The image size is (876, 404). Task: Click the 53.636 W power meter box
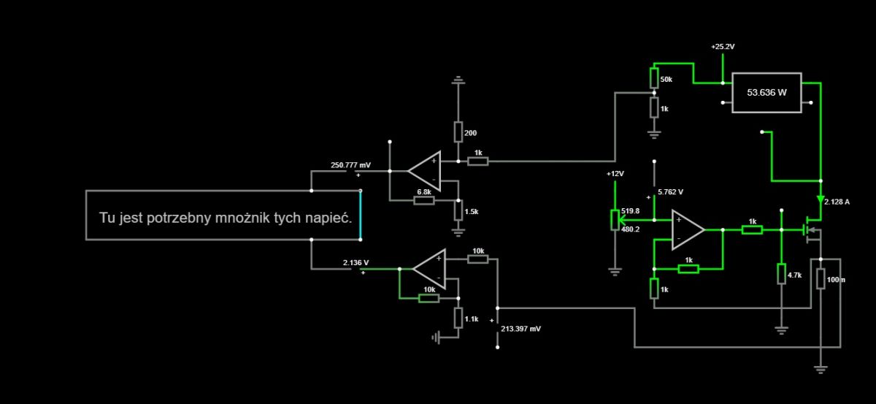pyautogui.click(x=766, y=93)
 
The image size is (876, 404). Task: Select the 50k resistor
pyautogui.click(x=654, y=78)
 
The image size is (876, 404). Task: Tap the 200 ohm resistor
pyautogui.click(x=458, y=132)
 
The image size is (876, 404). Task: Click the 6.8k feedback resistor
pyautogui.click(x=424, y=200)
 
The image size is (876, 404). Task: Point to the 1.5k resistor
pyautogui.click(x=458, y=210)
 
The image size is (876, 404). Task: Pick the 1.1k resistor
pyautogui.click(x=458, y=318)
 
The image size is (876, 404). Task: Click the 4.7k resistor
pyautogui.click(x=781, y=274)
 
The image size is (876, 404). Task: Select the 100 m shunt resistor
pyautogui.click(x=821, y=279)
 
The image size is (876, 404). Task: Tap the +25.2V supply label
pyautogui.click(x=723, y=47)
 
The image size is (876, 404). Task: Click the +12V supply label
pyautogui.click(x=615, y=173)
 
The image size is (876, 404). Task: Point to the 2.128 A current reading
pyautogui.click(x=837, y=202)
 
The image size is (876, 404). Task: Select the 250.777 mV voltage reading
pyautogui.click(x=350, y=165)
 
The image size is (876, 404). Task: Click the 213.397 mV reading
pyautogui.click(x=521, y=329)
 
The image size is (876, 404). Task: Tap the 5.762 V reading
pyautogui.click(x=670, y=192)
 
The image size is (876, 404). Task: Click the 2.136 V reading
pyautogui.click(x=356, y=263)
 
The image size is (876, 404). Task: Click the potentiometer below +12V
pyautogui.click(x=615, y=220)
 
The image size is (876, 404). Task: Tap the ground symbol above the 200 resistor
pyautogui.click(x=458, y=80)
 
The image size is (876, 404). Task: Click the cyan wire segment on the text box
pyautogui.click(x=360, y=215)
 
